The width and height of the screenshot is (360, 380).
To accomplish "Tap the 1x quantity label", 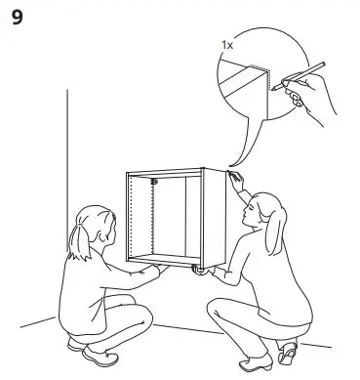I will [226, 46].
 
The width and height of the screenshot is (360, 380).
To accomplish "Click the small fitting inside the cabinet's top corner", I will [155, 182].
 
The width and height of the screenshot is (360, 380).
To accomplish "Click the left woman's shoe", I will [98, 349].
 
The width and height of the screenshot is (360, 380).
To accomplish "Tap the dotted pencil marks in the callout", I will [264, 83].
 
